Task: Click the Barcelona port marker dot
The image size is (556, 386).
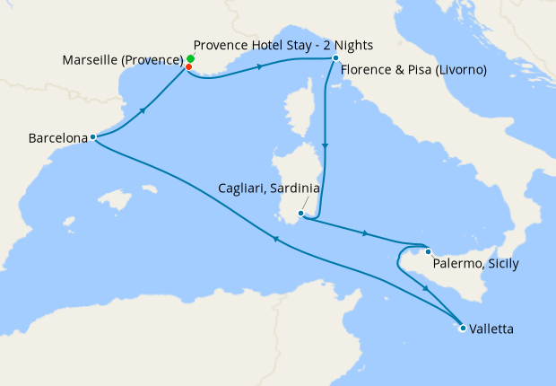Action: (94, 137)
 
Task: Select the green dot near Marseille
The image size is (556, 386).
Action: (191, 58)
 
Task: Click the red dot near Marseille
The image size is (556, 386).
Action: (189, 66)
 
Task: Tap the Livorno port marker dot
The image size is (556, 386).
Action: (334, 58)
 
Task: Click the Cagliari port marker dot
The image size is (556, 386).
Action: (300, 214)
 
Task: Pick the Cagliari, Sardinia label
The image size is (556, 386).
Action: (269, 189)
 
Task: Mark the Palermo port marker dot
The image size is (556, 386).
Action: (429, 251)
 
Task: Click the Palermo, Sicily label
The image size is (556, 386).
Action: (475, 264)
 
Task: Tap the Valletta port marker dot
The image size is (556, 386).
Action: (463, 329)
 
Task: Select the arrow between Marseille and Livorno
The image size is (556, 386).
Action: (260, 66)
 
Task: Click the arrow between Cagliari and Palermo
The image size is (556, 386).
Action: (363, 234)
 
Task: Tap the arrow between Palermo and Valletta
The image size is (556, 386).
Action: (425, 287)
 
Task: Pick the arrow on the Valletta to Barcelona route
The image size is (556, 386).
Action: (276, 237)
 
